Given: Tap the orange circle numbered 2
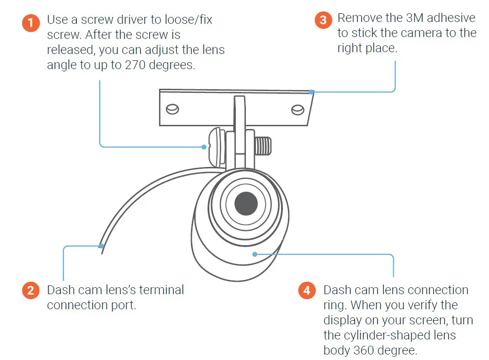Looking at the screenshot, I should click(x=31, y=291).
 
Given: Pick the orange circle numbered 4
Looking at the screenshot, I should click(x=307, y=291).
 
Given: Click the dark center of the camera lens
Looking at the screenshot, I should click(x=246, y=203).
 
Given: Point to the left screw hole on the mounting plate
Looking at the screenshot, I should click(x=173, y=109).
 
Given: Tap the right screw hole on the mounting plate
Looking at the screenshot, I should click(x=298, y=109).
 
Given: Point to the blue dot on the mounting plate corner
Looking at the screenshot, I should click(x=311, y=92).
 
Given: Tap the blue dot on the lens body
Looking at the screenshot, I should click(x=255, y=254).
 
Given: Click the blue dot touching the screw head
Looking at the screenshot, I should click(x=204, y=147).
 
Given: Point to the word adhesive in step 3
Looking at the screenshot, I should click(x=452, y=18).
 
